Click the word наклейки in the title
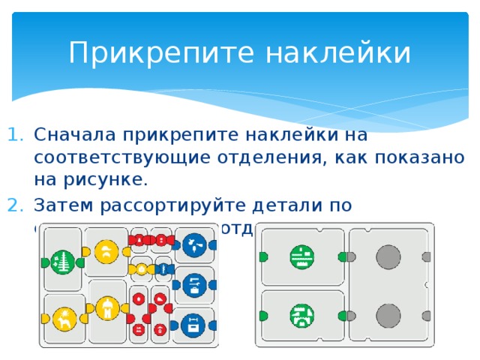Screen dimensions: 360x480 click(x=327, y=53)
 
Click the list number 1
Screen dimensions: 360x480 click(x=16, y=136)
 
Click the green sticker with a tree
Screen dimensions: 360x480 click(x=64, y=261)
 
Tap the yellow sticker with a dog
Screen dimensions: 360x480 click(x=64, y=318)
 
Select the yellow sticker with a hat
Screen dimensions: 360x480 click(x=107, y=250)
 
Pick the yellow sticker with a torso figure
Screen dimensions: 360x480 click(x=107, y=306)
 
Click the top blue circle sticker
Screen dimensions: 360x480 click(x=194, y=244)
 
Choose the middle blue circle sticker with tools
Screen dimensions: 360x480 click(x=194, y=283)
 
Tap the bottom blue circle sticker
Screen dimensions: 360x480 click(x=194, y=324)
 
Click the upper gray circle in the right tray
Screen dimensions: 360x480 click(x=388, y=256)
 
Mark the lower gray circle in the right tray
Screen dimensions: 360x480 click(x=388, y=316)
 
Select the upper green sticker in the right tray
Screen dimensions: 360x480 click(x=301, y=256)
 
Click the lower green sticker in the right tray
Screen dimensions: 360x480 click(x=301, y=315)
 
